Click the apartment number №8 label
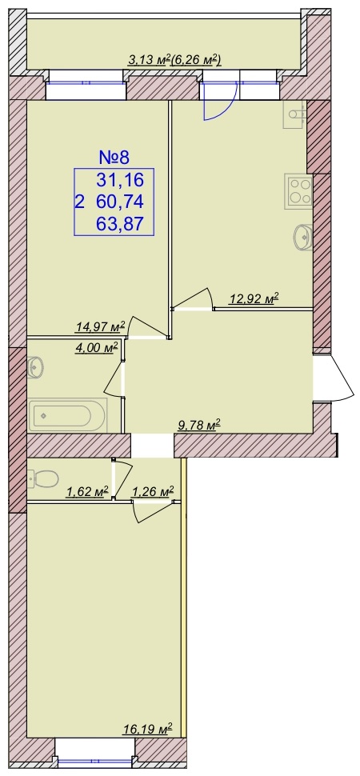pyautogui.click(x=114, y=158)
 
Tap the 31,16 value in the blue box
pyautogui.click(x=120, y=180)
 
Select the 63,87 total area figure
pyautogui.click(x=120, y=225)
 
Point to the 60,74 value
pyautogui.click(x=120, y=202)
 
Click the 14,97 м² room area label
pyautogui.click(x=100, y=326)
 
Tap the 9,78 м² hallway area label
pyautogui.click(x=199, y=424)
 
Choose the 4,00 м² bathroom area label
pyautogui.click(x=98, y=347)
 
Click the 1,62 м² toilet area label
pyautogui.click(x=87, y=491)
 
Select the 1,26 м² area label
pyautogui.click(x=153, y=491)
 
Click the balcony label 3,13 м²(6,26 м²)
pyautogui.click(x=174, y=60)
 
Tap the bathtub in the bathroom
pyautogui.click(x=68, y=414)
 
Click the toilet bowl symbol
pyautogui.click(x=43, y=478)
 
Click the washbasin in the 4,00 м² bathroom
pyautogui.click(x=36, y=367)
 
